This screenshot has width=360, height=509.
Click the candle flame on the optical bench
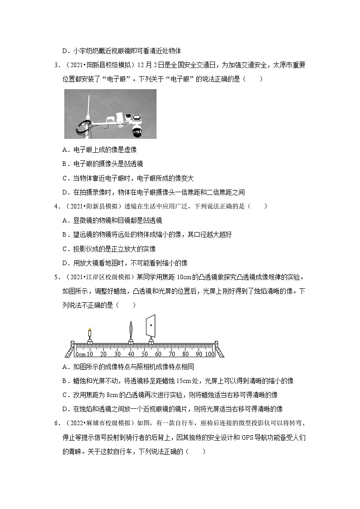point(90,330)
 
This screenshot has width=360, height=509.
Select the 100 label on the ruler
point(209,354)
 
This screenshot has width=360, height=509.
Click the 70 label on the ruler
point(171,354)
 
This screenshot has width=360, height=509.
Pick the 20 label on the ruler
point(103,354)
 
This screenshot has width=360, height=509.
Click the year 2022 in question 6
point(73,423)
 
